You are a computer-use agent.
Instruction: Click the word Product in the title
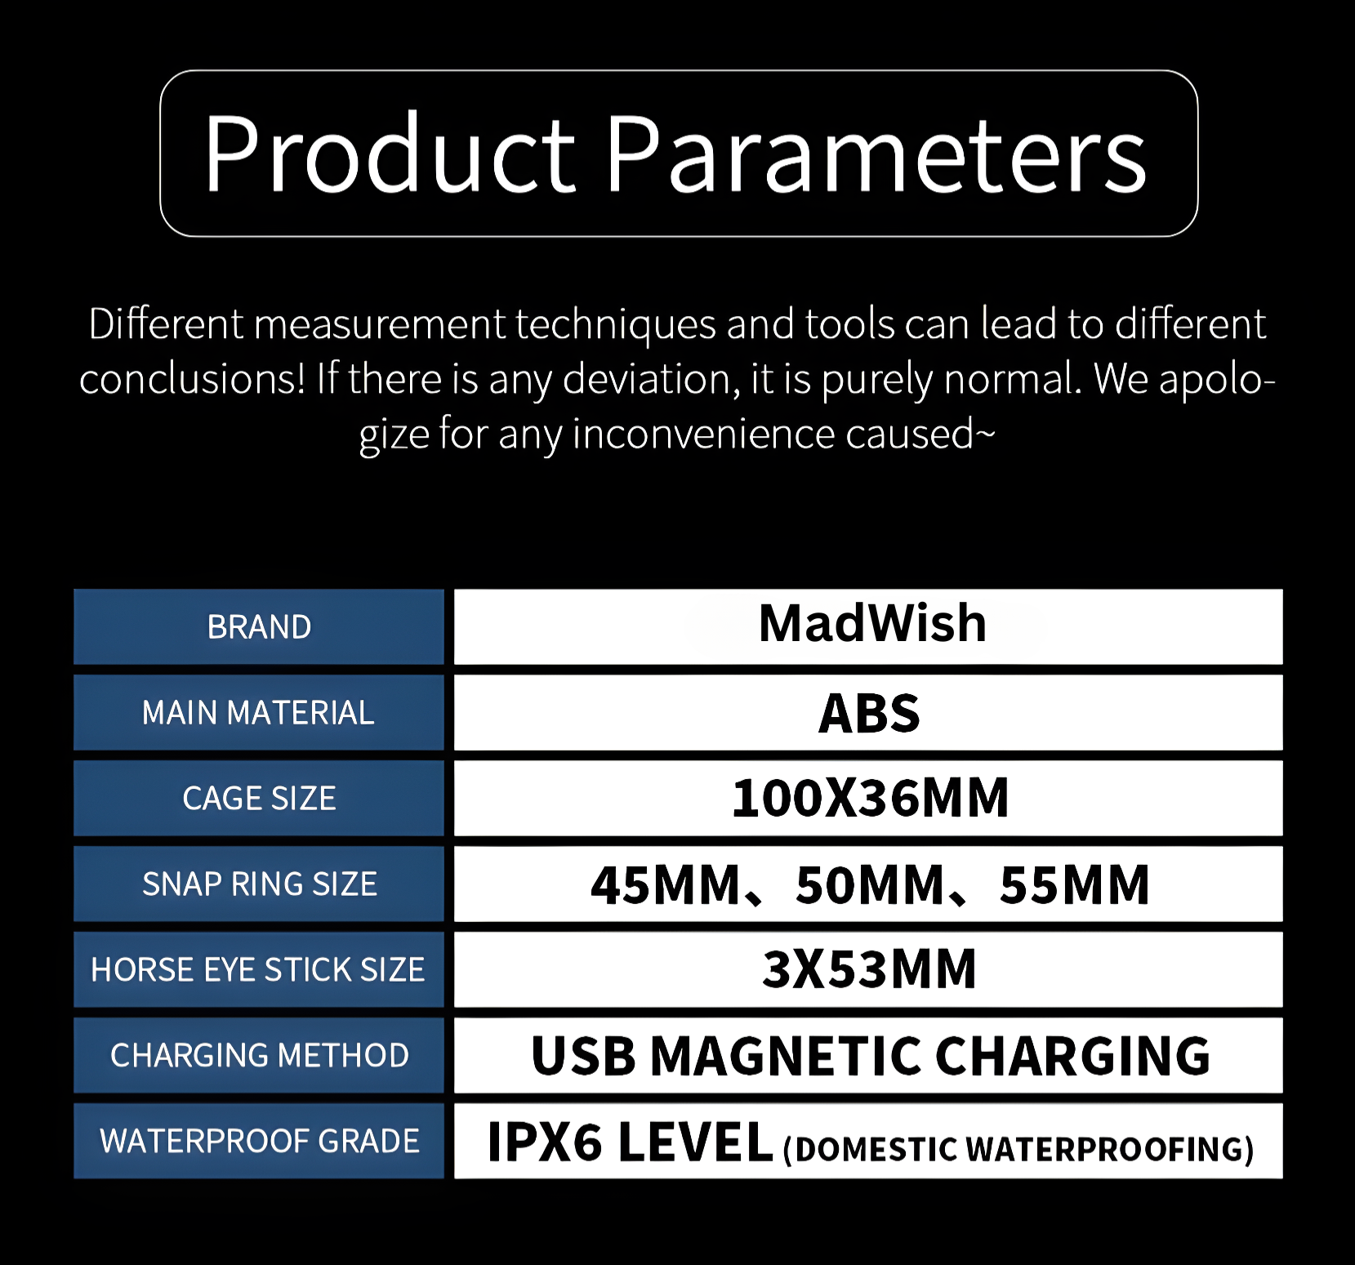390,154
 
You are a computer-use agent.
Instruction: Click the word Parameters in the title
876,154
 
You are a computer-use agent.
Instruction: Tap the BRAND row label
259,627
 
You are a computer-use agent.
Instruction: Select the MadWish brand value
872,623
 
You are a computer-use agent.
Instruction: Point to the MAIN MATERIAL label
258,713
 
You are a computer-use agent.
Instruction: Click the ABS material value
869,713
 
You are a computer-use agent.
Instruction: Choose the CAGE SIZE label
259,799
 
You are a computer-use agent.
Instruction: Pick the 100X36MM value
870,798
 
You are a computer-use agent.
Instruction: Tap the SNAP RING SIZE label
260,884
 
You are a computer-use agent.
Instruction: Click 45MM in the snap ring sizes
665,885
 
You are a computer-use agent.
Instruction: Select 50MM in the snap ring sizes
870,885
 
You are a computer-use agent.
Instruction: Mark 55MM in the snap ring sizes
1075,885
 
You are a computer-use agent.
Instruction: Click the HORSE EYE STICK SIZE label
258,970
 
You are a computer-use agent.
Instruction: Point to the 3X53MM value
869,969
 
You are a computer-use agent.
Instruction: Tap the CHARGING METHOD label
260,1056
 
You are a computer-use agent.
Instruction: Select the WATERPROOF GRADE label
260,1142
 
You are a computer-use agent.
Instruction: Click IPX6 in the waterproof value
545,1142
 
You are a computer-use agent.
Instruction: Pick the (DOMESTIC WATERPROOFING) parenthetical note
1018,1149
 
